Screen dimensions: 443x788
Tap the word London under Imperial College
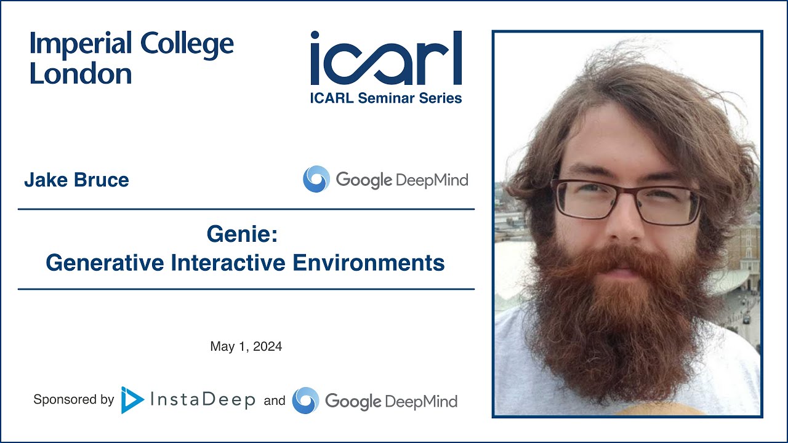81,74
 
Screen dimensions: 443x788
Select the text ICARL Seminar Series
386,98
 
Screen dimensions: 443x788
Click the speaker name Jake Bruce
76,180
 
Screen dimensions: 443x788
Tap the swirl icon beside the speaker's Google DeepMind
316,180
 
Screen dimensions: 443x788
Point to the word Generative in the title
104,263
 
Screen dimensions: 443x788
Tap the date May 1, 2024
246,346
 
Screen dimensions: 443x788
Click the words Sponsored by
74,400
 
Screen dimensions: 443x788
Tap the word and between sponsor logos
275,401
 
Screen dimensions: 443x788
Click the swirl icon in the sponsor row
306,401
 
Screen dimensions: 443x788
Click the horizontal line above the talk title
246,209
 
